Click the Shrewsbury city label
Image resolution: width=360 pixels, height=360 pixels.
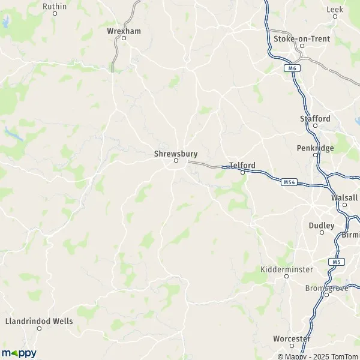coord(176,154)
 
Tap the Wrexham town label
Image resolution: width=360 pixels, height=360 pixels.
coord(124,31)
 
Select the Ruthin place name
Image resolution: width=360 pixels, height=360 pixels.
coord(54,6)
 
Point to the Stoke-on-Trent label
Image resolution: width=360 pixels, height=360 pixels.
coord(301,38)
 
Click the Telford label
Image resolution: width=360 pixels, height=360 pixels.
coord(242,165)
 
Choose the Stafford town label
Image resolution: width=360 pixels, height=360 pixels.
coord(315,119)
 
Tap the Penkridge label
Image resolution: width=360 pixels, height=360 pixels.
coord(315,148)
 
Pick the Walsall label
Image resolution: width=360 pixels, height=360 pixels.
coord(344,197)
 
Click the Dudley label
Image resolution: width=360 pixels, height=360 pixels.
coord(321,226)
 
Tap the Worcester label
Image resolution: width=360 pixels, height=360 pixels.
coord(292,339)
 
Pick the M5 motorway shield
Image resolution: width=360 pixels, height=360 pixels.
coord(335,262)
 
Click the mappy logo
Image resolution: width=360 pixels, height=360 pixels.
coord(19,353)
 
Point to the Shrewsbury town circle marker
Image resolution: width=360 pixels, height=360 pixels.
coord(176,161)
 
